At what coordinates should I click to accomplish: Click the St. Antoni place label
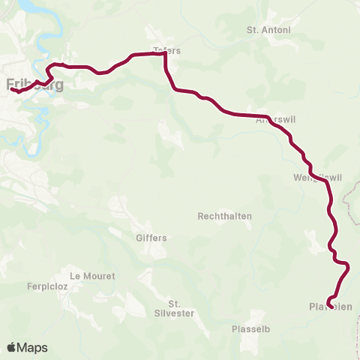268,30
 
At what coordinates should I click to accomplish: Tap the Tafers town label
167,51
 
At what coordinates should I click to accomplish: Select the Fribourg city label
34,84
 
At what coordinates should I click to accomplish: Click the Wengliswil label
319,178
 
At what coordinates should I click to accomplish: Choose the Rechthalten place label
224,216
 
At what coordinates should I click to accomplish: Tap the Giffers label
151,238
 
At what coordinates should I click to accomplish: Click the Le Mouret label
92,276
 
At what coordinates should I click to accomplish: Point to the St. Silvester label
175,308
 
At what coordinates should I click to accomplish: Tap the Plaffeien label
331,306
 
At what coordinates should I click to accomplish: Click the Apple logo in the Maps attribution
11,348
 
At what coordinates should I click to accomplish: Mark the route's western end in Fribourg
12,91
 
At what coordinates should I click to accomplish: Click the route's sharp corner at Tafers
164,54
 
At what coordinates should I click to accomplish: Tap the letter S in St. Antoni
250,30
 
